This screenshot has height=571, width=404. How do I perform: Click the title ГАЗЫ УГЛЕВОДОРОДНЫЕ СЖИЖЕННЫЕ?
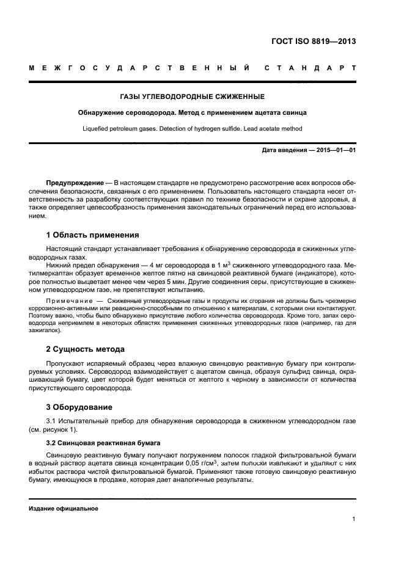coord(192,96)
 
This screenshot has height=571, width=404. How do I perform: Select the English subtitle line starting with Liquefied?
coord(192,129)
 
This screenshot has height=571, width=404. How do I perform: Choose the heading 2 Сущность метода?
coord(85,349)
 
